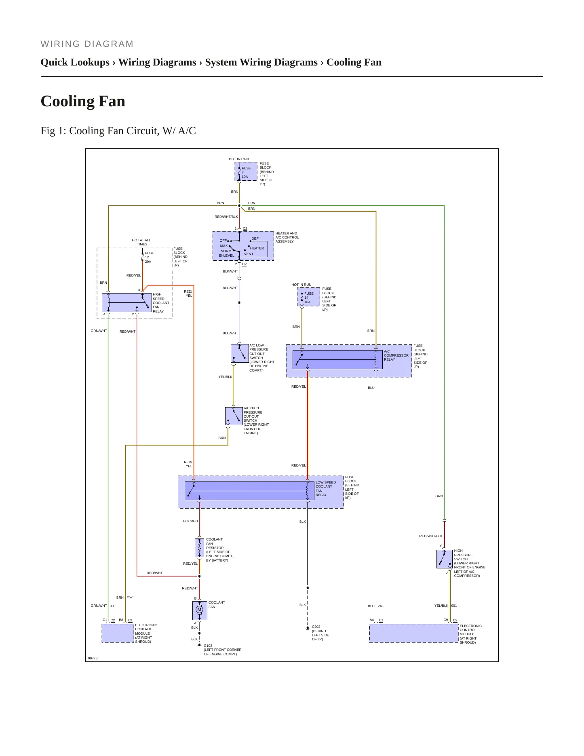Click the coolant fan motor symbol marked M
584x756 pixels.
pyautogui.click(x=199, y=610)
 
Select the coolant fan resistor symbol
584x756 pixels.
pyautogui.click(x=199, y=547)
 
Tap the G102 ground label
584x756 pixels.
pyautogui.click(x=208, y=646)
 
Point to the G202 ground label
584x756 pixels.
pyautogui.click(x=316, y=627)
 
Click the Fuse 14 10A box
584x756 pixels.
pyautogui.click(x=309, y=297)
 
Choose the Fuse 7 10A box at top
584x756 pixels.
pyautogui.click(x=246, y=172)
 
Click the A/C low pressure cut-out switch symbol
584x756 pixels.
pyautogui.click(x=240, y=353)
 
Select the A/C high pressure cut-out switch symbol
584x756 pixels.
pyautogui.click(x=234, y=416)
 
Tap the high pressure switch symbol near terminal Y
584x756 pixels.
pyautogui.click(x=445, y=559)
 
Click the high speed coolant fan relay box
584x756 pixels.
pyautogui.click(x=127, y=302)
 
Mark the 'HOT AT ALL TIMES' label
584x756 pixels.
pyautogui.click(x=141, y=242)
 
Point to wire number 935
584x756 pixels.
pyautogui.click(x=112, y=606)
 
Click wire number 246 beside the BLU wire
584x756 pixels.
pyautogui.click(x=381, y=606)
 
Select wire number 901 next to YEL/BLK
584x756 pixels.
pyautogui.click(x=454, y=606)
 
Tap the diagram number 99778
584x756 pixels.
pyautogui.click(x=93, y=658)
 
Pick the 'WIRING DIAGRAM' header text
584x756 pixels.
pyautogui.click(x=87, y=44)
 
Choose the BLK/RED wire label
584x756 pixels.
pyautogui.click(x=190, y=521)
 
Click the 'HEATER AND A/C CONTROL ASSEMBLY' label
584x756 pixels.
pyautogui.click(x=287, y=237)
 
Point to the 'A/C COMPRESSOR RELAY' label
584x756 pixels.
pyautogui.click(x=396, y=355)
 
